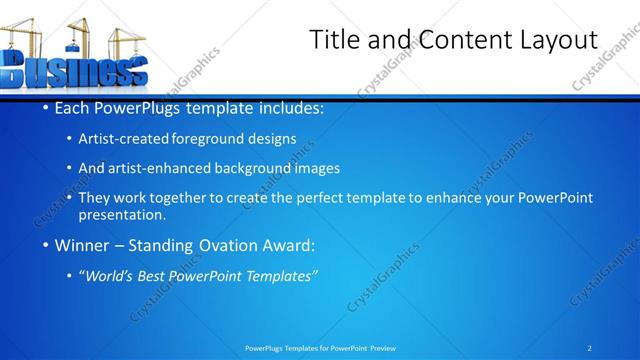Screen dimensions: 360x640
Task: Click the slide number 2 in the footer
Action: [x=590, y=348]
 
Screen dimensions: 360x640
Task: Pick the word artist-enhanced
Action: [x=177, y=168]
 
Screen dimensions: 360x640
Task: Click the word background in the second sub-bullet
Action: [x=268, y=168]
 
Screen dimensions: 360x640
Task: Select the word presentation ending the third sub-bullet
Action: [x=128, y=214]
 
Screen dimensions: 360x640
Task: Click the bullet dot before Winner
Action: [x=47, y=245]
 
